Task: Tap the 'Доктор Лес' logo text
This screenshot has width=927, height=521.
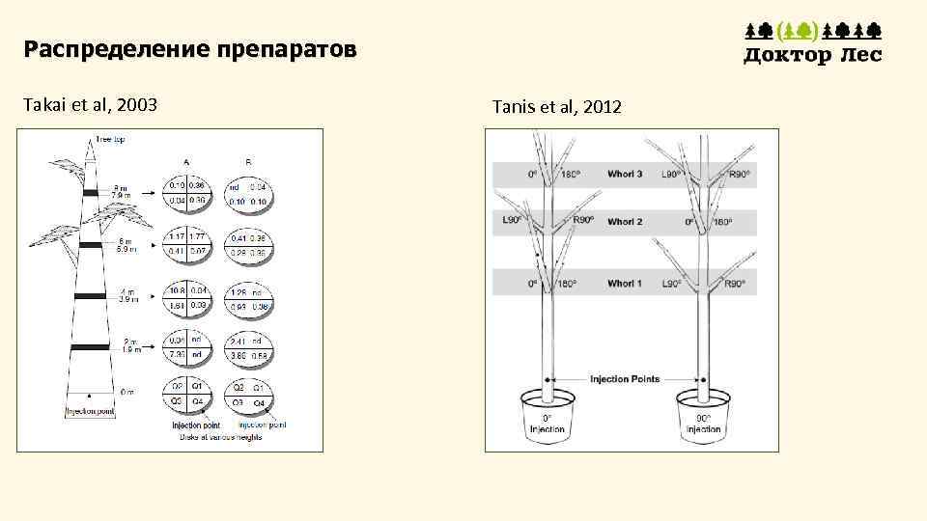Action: coord(812,55)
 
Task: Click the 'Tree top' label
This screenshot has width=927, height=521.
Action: coord(109,140)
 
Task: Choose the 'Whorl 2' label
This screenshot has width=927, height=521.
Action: coord(625,222)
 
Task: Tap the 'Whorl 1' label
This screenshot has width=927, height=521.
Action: coord(625,284)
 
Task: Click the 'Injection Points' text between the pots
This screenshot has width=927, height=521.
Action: coord(625,378)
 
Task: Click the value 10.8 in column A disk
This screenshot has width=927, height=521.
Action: coord(178,289)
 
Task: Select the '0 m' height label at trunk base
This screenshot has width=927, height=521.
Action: coord(127,392)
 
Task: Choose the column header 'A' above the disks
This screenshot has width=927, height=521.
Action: coord(185,161)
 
